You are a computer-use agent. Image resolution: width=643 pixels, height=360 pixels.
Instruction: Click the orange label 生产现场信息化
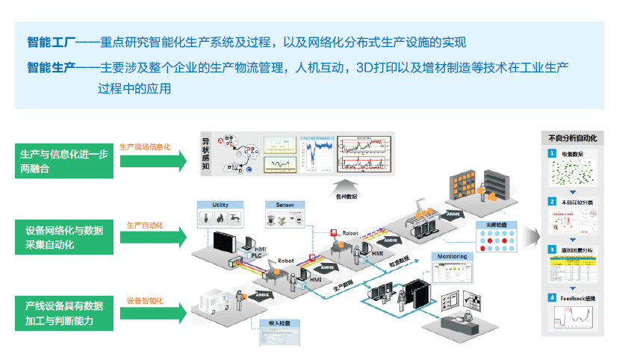pyautogui.click(x=146, y=146)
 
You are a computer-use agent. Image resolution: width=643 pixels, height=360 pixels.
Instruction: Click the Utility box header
pyautogui.click(x=220, y=204)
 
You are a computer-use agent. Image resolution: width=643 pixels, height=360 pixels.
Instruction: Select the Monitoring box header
pyautogui.click(x=453, y=257)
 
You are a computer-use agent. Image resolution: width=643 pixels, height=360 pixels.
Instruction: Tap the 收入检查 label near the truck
pyautogui.click(x=278, y=323)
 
